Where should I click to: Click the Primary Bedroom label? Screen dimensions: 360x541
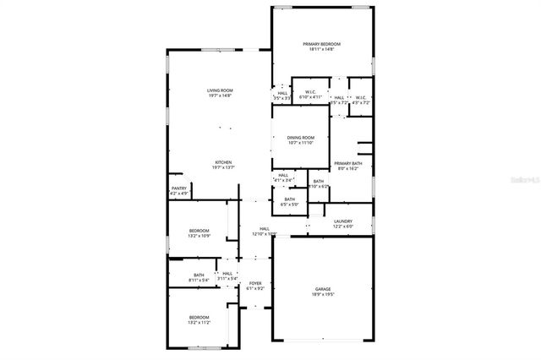click(322, 44)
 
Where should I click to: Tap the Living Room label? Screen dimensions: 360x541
click(221, 90)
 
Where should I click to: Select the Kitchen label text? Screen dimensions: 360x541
click(223, 162)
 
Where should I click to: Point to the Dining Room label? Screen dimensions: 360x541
click(300, 137)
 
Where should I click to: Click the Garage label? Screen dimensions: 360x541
click(324, 288)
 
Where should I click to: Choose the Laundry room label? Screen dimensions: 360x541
click(342, 221)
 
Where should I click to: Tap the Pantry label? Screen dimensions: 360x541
click(179, 188)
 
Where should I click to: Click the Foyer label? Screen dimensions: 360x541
click(254, 283)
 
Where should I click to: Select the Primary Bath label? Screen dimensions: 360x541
click(347, 163)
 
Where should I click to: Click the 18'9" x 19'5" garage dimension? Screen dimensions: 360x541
click(324, 294)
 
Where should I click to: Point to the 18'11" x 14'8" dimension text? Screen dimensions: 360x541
click(322, 50)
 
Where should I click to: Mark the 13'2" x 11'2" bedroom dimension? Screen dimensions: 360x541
click(199, 322)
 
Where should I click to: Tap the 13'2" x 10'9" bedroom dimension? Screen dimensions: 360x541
click(199, 236)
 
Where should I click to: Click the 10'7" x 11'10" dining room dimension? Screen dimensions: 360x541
click(300, 143)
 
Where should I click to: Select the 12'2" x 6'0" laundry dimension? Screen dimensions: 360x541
click(342, 226)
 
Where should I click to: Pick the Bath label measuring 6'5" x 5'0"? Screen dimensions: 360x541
click(289, 199)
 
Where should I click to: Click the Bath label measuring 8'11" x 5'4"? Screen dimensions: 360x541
click(199, 274)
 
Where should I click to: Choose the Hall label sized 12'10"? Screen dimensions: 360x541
click(264, 228)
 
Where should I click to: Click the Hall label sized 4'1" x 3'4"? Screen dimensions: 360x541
click(283, 175)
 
